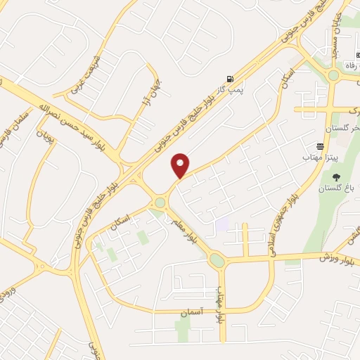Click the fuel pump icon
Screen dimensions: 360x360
[229, 79]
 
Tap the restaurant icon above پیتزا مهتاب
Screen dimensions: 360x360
[321, 147]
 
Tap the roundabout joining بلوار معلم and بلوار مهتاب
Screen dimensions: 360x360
[217, 261]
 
